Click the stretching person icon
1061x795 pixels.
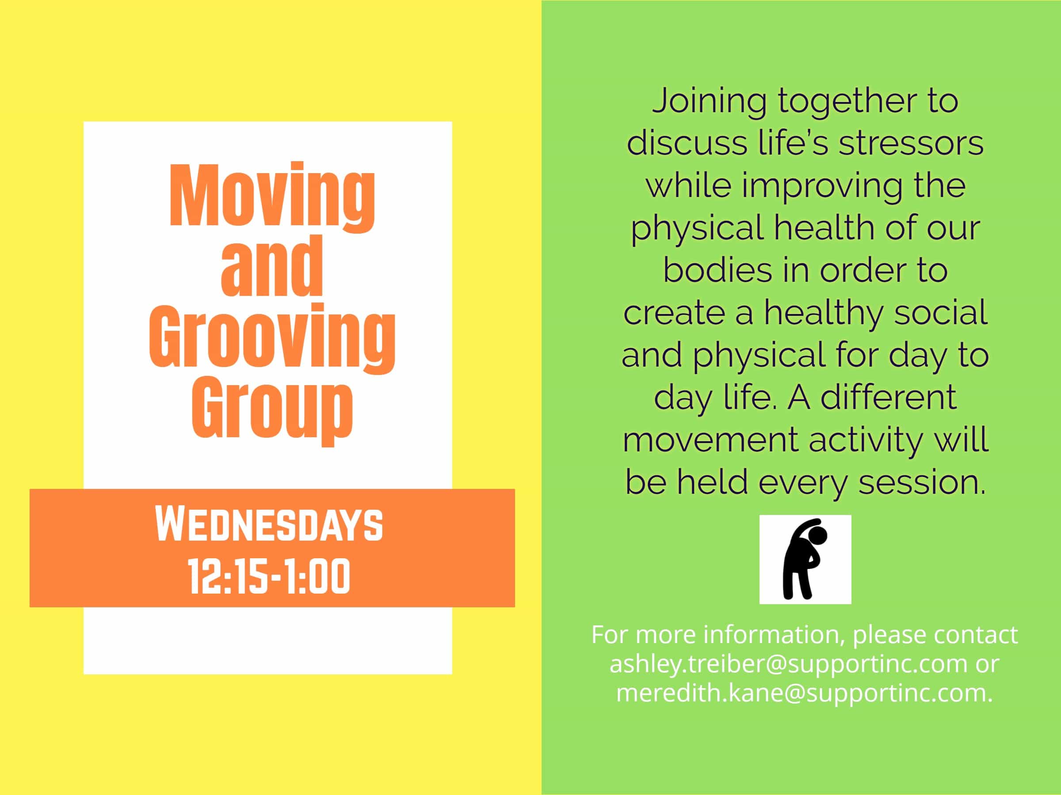point(805,560)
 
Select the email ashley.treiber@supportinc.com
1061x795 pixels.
point(788,664)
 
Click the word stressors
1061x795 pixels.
point(911,143)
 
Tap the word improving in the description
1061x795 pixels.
point(822,186)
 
